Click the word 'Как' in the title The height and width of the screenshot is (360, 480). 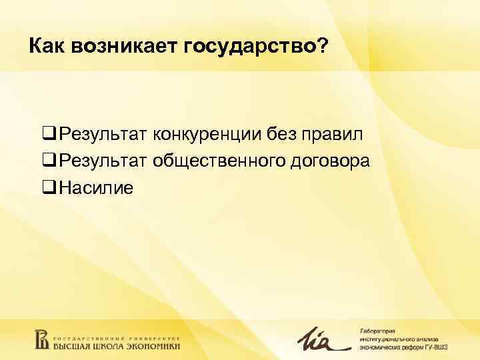coord(45,47)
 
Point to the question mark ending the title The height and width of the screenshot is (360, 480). coord(323,47)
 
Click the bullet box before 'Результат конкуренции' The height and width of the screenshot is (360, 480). coord(49,135)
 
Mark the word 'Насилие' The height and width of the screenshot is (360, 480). coord(96,189)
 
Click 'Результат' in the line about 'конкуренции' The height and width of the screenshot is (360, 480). coord(103,135)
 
